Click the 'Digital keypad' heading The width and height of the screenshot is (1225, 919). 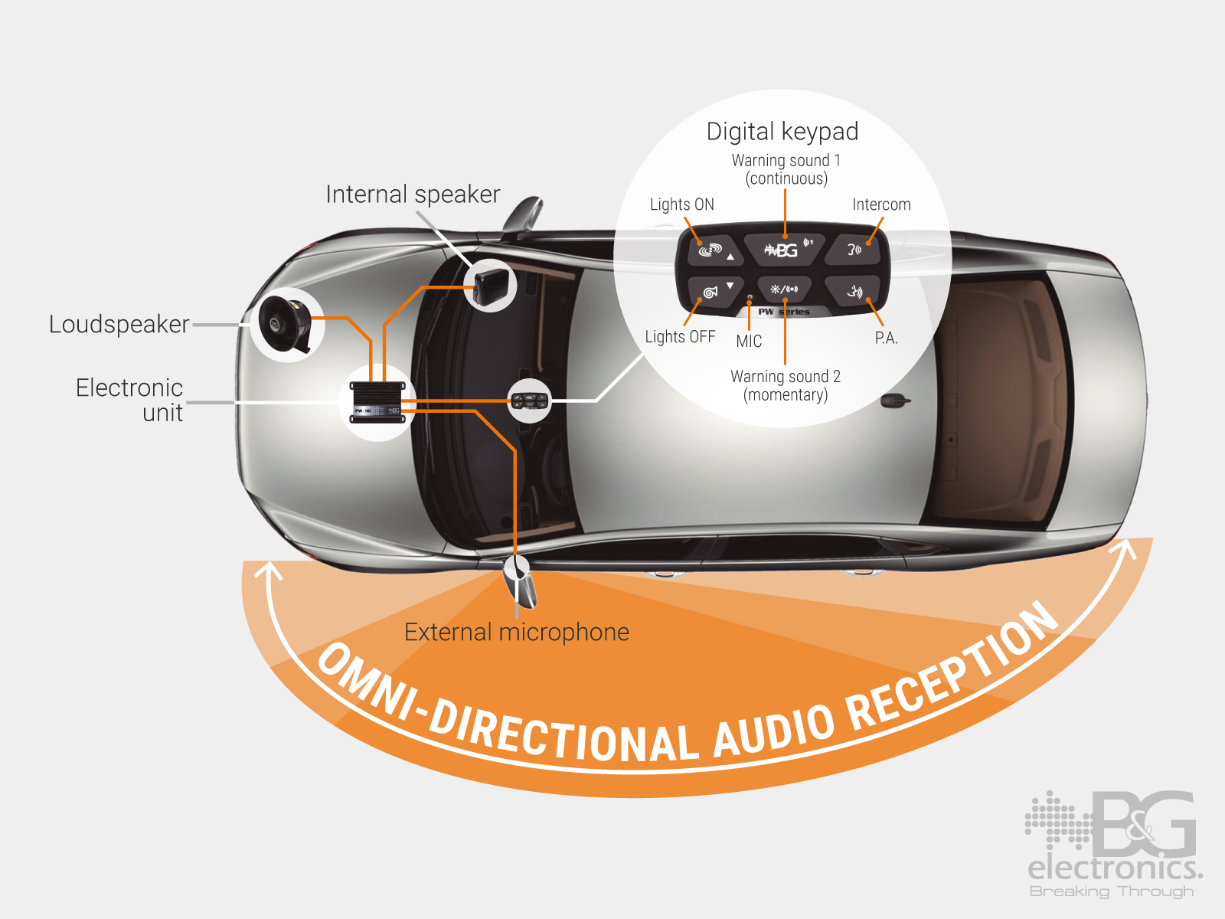(782, 132)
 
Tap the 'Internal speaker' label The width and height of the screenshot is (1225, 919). (413, 195)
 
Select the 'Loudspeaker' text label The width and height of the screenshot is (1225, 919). (119, 325)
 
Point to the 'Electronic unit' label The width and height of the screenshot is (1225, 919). (130, 400)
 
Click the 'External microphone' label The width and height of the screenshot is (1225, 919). (516, 633)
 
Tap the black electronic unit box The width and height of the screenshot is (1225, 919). (377, 401)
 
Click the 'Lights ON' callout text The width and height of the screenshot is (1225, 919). (681, 204)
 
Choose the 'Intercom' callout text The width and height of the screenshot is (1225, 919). (881, 204)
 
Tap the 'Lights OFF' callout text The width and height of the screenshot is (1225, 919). (680, 337)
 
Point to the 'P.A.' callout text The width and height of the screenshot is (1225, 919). (886, 338)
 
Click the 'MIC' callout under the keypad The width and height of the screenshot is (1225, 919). (749, 342)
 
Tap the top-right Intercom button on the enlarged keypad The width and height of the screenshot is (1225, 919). (855, 250)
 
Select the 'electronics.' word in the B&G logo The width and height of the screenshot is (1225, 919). (1114, 868)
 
